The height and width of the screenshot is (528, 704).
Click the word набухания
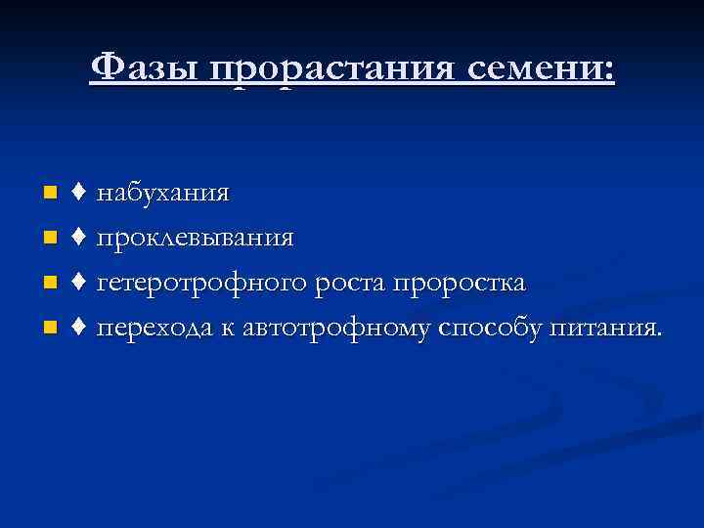163,194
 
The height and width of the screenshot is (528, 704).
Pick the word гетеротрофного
204,284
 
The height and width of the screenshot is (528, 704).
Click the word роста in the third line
351,284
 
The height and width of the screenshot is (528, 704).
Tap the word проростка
459,284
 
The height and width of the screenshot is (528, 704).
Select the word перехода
154,329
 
